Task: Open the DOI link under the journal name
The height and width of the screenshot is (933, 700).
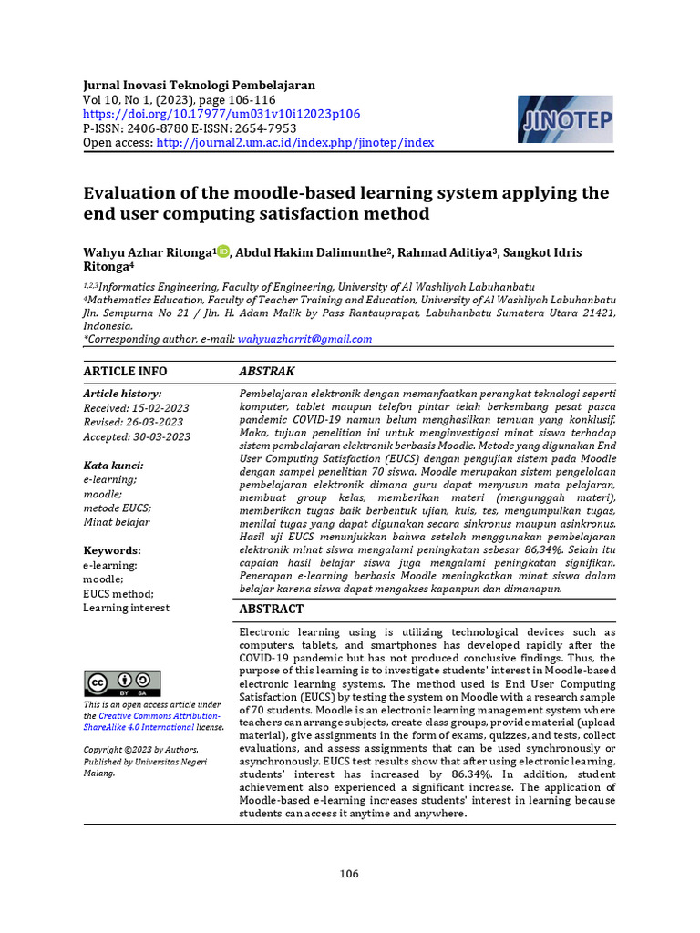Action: pyautogui.click(x=221, y=114)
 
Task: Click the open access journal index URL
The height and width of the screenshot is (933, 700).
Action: pyautogui.click(x=294, y=143)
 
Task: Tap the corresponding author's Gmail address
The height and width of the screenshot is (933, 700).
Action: pyautogui.click(x=304, y=339)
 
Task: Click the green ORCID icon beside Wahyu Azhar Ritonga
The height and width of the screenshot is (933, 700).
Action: pyautogui.click(x=224, y=252)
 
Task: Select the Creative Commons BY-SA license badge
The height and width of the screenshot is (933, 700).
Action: pyautogui.click(x=122, y=683)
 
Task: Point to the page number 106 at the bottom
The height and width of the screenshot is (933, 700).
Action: pyautogui.click(x=349, y=874)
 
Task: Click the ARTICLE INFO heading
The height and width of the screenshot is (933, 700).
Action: pyautogui.click(x=125, y=372)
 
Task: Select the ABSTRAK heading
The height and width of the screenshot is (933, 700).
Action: pyautogui.click(x=266, y=372)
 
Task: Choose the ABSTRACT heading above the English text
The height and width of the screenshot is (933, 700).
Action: pyautogui.click(x=272, y=609)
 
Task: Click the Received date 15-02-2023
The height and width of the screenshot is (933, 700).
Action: pyautogui.click(x=137, y=408)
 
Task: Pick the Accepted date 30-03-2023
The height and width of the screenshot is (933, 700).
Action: pyautogui.click(x=137, y=437)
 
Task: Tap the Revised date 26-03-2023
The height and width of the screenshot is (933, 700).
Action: pyautogui.click(x=133, y=423)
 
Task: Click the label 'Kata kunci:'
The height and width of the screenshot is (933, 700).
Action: pyautogui.click(x=113, y=466)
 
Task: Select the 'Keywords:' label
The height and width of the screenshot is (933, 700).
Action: pyautogui.click(x=112, y=551)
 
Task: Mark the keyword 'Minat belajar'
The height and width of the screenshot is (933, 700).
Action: pyautogui.click(x=117, y=522)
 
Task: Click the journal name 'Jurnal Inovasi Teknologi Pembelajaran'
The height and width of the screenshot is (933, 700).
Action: pyautogui.click(x=200, y=85)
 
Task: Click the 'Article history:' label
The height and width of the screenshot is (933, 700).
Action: pyautogui.click(x=122, y=394)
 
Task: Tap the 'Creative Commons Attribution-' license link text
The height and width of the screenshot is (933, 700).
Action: pyautogui.click(x=160, y=716)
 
